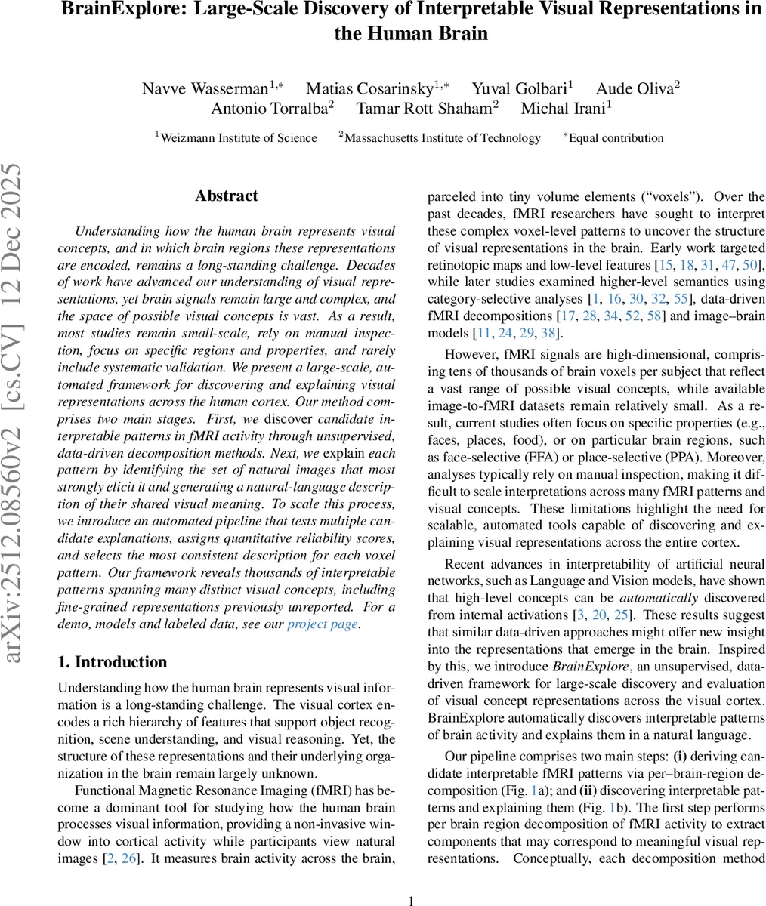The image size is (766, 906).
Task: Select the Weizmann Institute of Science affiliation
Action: point(236,137)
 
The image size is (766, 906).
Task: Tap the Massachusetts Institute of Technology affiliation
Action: point(440,137)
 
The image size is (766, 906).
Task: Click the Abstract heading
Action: point(226,196)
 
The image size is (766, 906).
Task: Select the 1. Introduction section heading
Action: point(113,662)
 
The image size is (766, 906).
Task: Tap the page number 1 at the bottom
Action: point(411,900)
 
